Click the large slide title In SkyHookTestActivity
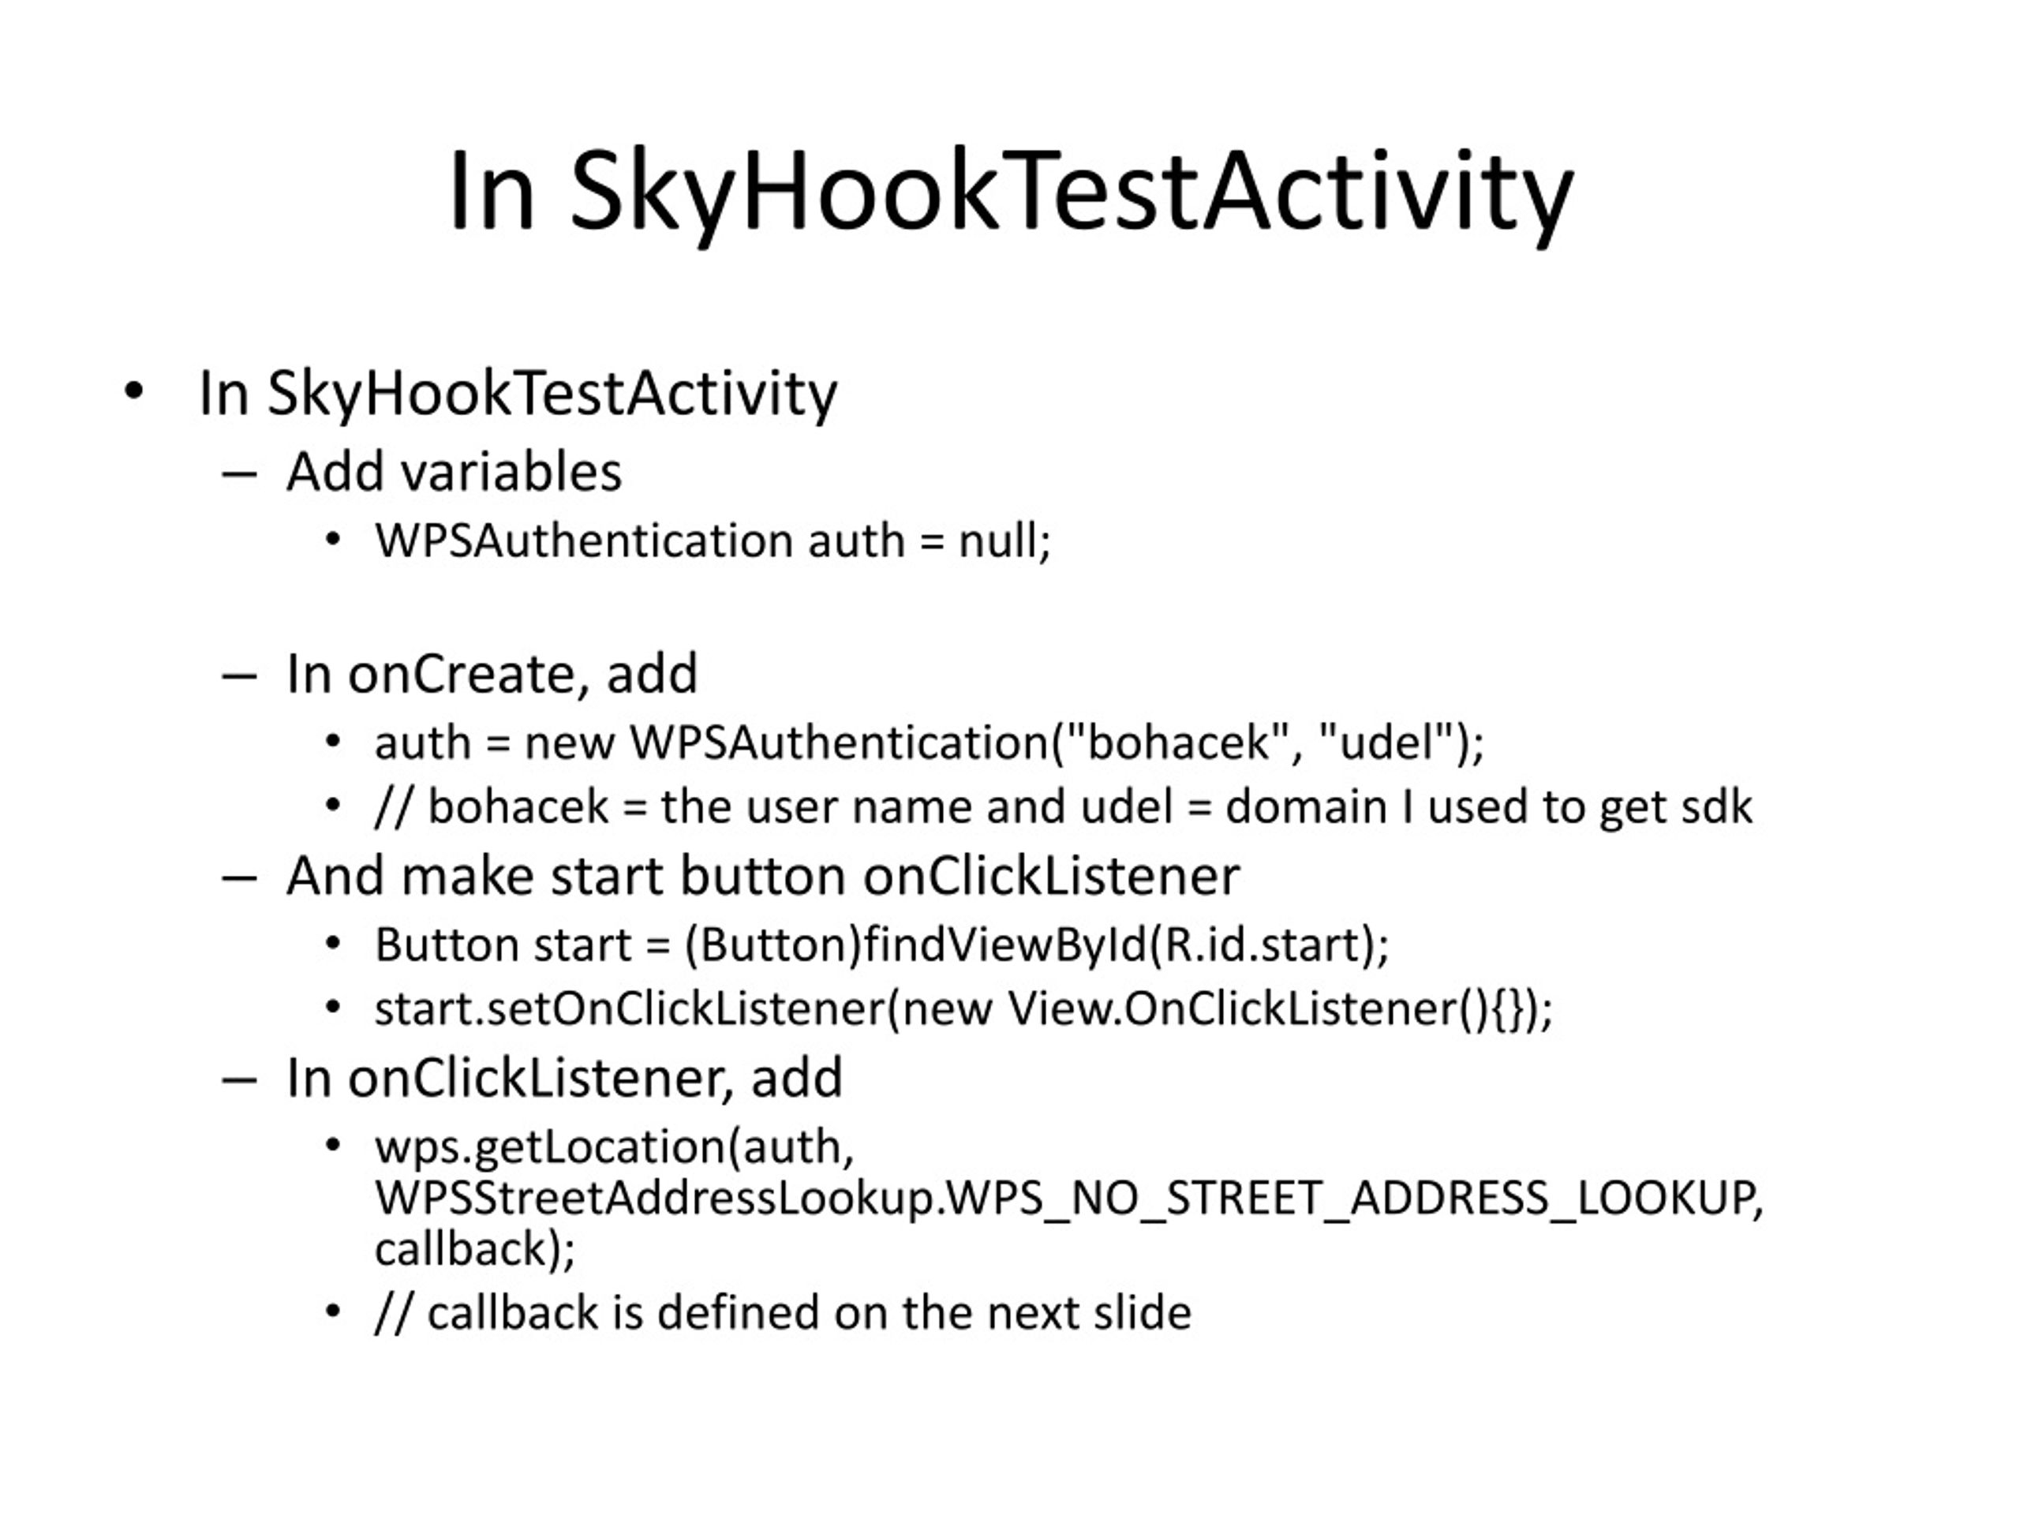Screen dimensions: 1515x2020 pyautogui.click(x=1011, y=193)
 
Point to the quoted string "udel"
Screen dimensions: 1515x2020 pyautogui.click(x=1387, y=743)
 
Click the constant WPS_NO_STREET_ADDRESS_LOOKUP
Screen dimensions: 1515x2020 pyautogui.click(x=1351, y=1198)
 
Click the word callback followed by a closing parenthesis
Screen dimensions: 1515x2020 pyautogui.click(x=460, y=1248)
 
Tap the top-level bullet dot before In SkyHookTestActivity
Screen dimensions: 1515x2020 pyautogui.click(x=134, y=391)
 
